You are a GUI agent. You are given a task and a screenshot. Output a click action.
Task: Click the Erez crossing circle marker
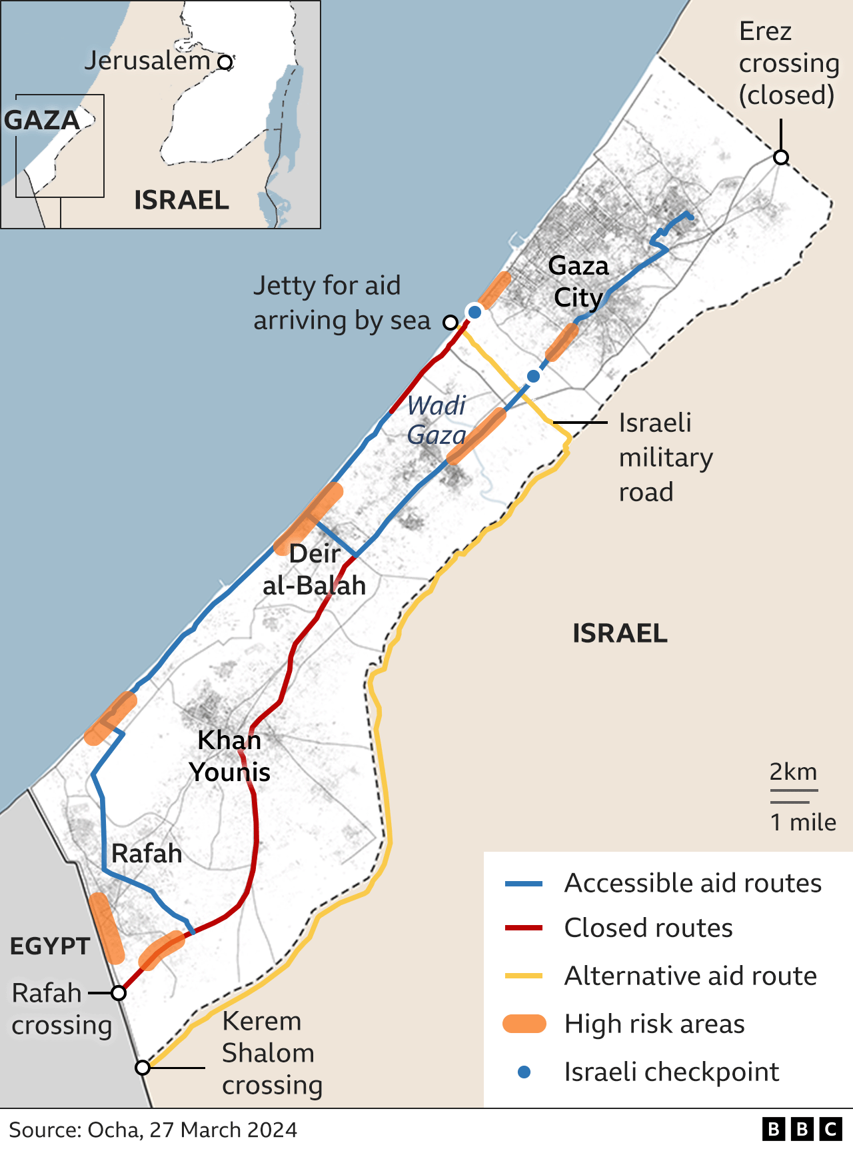coord(781,157)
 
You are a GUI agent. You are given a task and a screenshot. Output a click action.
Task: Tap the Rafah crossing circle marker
coord(119,993)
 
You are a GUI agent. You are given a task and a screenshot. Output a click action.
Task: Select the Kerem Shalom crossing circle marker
coord(143,1068)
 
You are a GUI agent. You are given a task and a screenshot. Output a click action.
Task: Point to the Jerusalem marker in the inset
coord(225,62)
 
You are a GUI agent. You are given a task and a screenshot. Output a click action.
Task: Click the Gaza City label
coord(578,281)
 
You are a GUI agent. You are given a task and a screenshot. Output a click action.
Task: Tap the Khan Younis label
coord(230,756)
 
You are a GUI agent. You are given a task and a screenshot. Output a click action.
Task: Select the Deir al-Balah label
coord(315,569)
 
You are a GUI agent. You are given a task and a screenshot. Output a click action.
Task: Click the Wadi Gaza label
coord(436,420)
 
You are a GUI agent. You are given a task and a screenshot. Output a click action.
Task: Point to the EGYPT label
coord(50,946)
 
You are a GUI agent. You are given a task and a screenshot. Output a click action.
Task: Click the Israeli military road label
coord(665,457)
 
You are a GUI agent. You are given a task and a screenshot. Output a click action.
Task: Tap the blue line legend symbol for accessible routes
coord(524,884)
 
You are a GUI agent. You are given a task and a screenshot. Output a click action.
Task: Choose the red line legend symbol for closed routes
coord(524,928)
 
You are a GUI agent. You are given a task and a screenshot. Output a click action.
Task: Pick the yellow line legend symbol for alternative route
coord(524,976)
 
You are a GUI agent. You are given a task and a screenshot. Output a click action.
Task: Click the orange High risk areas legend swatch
coord(524,1024)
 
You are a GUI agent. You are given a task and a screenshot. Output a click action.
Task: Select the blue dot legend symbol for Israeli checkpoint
coord(524,1072)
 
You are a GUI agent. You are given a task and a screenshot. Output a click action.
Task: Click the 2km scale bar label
coord(793,772)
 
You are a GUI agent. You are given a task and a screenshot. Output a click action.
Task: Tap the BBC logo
coord(802,1129)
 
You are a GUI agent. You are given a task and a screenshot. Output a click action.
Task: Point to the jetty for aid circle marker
coord(450,323)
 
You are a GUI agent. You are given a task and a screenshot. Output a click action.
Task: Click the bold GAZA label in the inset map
coord(42,121)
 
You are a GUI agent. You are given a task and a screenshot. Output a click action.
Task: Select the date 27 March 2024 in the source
coord(223,1130)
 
